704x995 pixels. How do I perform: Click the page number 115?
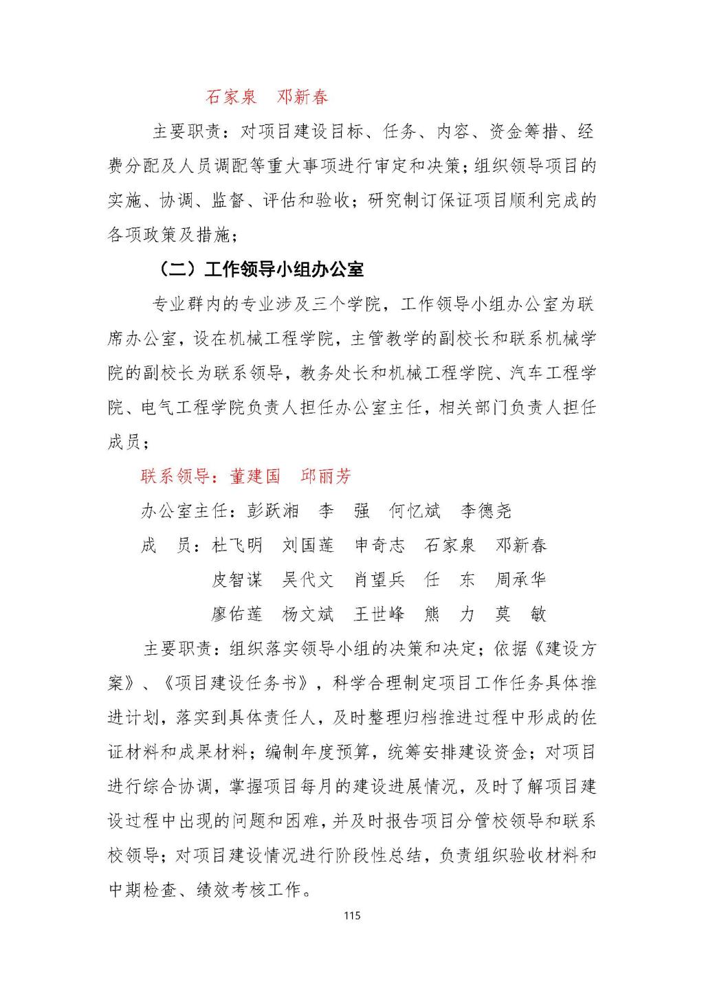(352, 915)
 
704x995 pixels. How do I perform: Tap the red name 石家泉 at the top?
(231, 97)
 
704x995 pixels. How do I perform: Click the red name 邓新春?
(302, 97)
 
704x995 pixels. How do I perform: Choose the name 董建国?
(256, 476)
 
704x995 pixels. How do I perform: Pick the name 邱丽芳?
(326, 476)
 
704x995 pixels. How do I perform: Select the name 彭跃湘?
(274, 511)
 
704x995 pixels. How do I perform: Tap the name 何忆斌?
(415, 511)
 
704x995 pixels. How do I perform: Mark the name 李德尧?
(486, 511)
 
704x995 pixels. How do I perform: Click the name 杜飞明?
(237, 546)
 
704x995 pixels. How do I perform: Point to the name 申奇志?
(379, 546)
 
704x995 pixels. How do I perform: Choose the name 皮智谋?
(237, 580)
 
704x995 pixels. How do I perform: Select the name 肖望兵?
(379, 580)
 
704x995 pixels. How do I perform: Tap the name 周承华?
(520, 580)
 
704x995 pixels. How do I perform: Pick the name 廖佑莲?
(237, 614)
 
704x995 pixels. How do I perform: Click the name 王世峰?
(379, 614)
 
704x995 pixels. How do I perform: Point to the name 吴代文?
(308, 580)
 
